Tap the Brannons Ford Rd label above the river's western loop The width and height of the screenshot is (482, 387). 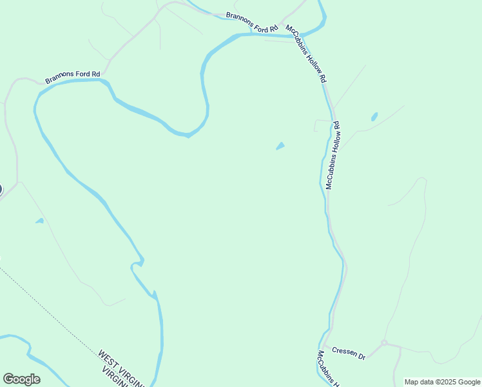(x=73, y=77)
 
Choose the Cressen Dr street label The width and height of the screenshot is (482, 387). (x=349, y=353)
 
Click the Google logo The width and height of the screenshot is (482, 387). (x=21, y=379)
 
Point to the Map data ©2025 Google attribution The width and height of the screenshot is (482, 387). (x=442, y=382)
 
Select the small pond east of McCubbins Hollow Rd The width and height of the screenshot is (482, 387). (x=374, y=117)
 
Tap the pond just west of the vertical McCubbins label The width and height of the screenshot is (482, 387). (x=280, y=146)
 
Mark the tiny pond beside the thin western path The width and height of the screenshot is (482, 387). (x=39, y=221)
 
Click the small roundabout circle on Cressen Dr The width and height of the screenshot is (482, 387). (x=383, y=343)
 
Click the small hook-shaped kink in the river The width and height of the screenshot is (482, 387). (x=137, y=263)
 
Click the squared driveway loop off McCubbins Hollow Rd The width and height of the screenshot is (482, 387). (x=321, y=125)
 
